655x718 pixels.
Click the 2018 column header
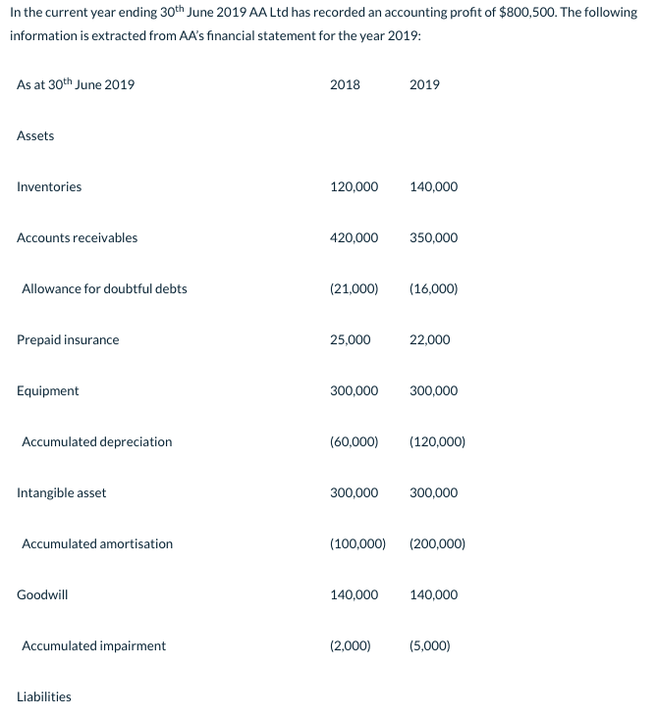click(x=345, y=84)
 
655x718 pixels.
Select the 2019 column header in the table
click(x=424, y=84)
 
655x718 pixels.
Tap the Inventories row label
click(x=49, y=186)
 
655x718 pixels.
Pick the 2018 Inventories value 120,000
click(x=354, y=186)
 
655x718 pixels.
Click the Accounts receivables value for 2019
click(x=433, y=237)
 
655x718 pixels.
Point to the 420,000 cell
click(x=354, y=237)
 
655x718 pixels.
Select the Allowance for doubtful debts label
click(x=104, y=288)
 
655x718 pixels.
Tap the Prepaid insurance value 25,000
click(x=351, y=339)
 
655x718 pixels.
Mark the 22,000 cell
click(x=429, y=339)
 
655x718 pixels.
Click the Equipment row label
click(x=48, y=390)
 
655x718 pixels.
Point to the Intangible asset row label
click(x=62, y=492)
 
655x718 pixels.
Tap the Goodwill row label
click(x=43, y=594)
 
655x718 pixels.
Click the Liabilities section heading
click(x=44, y=696)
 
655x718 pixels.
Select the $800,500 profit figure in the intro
click(x=526, y=13)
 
